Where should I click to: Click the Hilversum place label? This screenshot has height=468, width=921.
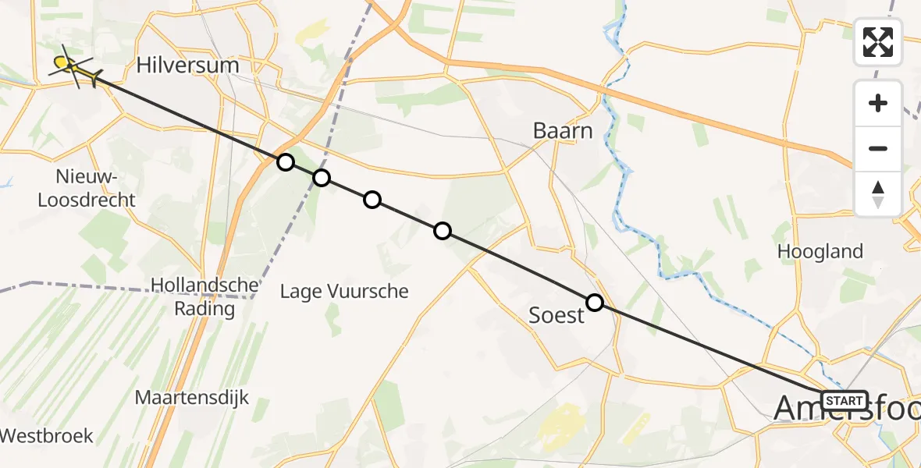187,65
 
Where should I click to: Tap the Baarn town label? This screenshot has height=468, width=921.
563,130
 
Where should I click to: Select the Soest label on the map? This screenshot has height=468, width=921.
557,315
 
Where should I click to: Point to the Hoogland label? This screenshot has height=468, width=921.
820,251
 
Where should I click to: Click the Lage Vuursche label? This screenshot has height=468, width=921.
344,292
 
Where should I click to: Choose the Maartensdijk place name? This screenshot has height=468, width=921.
192,397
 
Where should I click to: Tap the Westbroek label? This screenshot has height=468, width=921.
47,435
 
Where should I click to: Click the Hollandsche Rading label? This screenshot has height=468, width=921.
194,296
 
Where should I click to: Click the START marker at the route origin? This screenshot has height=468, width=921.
844,401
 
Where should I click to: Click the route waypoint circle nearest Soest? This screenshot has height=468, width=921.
595,303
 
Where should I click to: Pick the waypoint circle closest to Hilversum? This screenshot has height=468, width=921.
286,162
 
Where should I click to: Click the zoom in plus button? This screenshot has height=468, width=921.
878,103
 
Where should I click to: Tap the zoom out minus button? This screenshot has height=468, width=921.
878,148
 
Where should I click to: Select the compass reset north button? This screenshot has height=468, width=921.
878,193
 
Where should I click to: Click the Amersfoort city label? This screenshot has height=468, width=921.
847,409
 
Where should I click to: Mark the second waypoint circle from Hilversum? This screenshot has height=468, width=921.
322,178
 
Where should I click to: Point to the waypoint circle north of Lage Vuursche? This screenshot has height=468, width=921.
372,200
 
